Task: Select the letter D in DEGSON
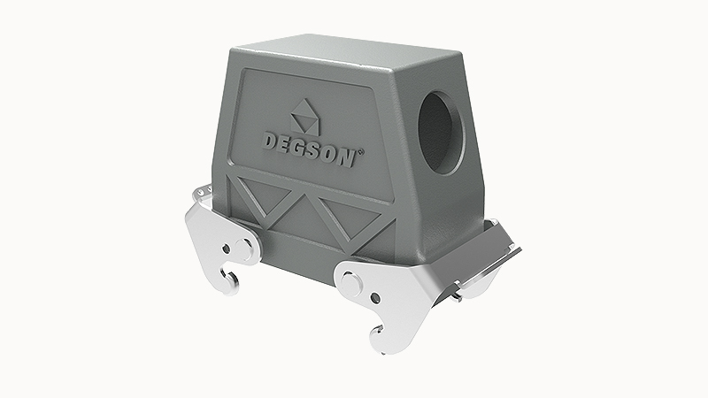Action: (268, 140)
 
